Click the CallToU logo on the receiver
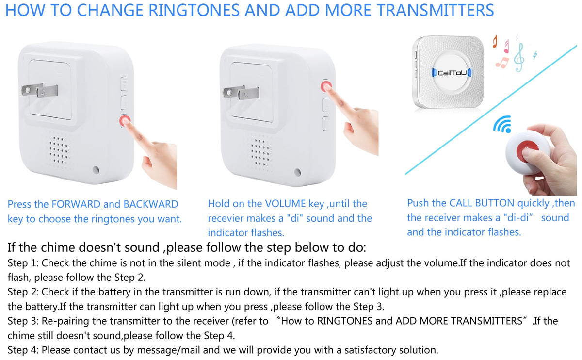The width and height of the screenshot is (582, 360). (x=452, y=73)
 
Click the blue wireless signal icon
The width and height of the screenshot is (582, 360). (x=502, y=124)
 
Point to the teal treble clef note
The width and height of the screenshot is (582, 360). (x=519, y=57)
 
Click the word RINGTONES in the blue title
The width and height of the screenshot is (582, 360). (x=194, y=10)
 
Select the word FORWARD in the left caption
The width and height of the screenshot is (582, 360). (x=76, y=204)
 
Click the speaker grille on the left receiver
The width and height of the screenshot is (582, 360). (x=59, y=150)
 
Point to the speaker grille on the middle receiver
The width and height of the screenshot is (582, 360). (x=260, y=152)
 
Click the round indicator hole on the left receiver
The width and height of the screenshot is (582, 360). (x=96, y=170)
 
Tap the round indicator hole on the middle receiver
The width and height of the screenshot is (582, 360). (x=298, y=172)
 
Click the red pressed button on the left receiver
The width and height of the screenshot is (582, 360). (x=125, y=121)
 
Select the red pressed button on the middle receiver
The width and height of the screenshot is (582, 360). (x=326, y=86)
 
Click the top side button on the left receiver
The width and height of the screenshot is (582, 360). (x=124, y=84)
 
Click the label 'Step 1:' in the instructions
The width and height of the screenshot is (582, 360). (x=23, y=263)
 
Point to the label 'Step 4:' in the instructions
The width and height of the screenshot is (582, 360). (x=23, y=350)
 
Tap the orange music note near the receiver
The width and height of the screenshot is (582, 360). (x=495, y=41)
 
